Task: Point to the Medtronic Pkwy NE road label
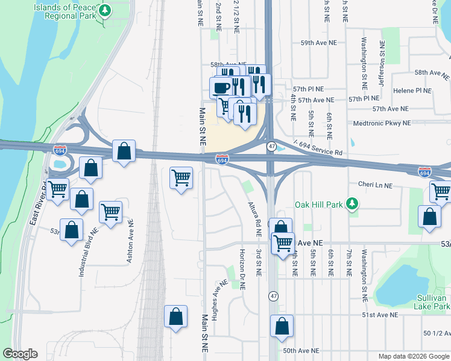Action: (382, 123)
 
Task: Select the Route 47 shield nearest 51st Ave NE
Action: (274, 296)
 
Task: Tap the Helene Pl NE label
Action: (412, 91)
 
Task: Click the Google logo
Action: (20, 354)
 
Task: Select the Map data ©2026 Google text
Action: (413, 356)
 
